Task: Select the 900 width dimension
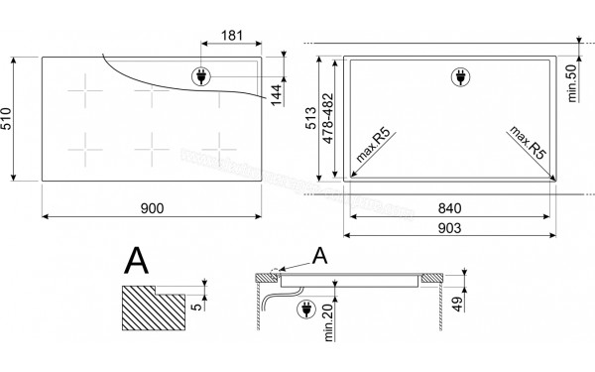152,207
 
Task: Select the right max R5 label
529,145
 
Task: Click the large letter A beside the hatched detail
137,262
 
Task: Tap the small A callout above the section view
318,256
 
